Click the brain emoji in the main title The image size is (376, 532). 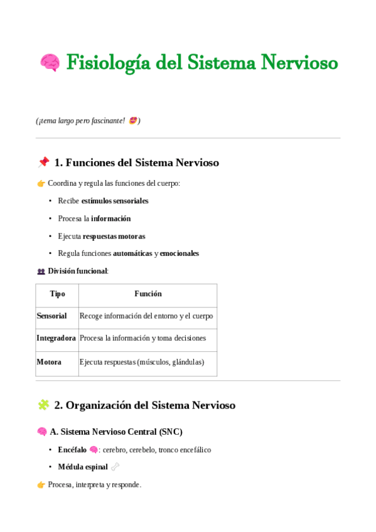[50, 63]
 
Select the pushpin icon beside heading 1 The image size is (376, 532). [43, 162]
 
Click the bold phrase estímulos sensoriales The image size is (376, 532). [115, 201]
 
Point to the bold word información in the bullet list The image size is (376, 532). [110, 218]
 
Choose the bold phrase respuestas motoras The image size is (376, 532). [114, 236]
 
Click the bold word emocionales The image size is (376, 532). [180, 253]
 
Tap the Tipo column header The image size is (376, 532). [57, 294]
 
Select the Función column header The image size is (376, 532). [148, 294]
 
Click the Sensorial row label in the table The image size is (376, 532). [51, 316]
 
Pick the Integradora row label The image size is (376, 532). [56, 338]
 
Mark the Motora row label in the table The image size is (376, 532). [49, 362]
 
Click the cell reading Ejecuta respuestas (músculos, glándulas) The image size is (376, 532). [142, 362]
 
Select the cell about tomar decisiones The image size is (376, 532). [142, 338]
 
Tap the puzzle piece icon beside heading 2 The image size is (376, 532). [43, 405]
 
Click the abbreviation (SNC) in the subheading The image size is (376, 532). [170, 432]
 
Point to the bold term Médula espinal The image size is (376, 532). [82, 467]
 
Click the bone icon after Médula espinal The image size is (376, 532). [115, 467]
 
